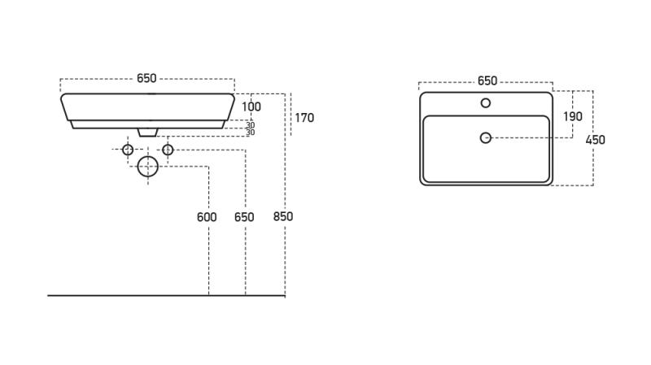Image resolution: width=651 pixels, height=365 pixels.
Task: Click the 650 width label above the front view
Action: [146, 79]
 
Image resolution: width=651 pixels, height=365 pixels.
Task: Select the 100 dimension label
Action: [251, 106]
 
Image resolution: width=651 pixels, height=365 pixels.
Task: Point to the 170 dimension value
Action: [304, 118]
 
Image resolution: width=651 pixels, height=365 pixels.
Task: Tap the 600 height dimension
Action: [207, 217]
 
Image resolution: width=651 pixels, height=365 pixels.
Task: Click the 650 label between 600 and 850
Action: [244, 217]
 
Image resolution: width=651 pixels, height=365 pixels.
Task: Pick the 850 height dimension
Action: [283, 216]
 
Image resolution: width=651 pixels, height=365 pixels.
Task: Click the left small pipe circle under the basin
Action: [128, 150]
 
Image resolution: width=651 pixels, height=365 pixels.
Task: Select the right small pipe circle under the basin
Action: [168, 150]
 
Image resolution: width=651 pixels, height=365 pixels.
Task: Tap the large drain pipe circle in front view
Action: [147, 167]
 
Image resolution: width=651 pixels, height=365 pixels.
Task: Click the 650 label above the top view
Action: [487, 81]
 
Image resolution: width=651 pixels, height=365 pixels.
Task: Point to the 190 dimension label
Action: [573, 116]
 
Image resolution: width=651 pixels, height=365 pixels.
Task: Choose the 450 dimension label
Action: [596, 140]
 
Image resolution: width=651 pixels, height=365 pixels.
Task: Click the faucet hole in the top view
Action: [486, 103]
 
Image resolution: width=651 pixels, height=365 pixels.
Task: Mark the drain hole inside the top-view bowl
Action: [486, 138]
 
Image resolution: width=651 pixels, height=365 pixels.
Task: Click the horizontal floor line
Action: [122, 295]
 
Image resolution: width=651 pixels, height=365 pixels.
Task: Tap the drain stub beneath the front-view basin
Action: [148, 131]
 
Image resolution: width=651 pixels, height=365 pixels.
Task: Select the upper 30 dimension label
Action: [250, 124]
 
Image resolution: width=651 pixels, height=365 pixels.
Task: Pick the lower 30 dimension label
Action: [250, 133]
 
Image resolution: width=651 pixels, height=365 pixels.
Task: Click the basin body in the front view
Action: [147, 107]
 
